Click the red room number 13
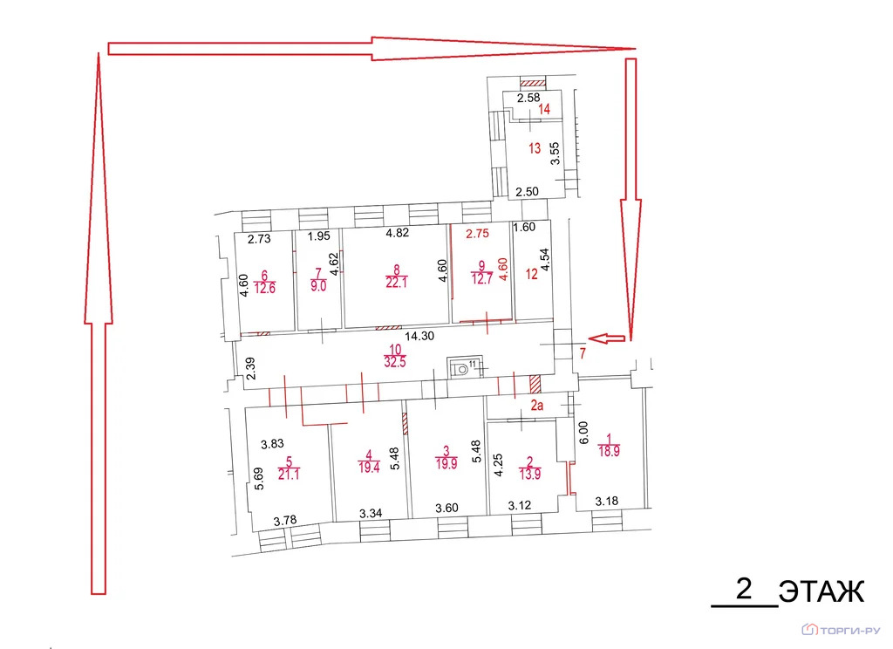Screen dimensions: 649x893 pyautogui.click(x=535, y=149)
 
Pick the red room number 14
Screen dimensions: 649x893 pyautogui.click(x=544, y=110)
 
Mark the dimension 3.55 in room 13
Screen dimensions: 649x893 pyautogui.click(x=553, y=154)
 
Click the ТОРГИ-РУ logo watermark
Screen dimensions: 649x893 pyautogui.click(x=842, y=629)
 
